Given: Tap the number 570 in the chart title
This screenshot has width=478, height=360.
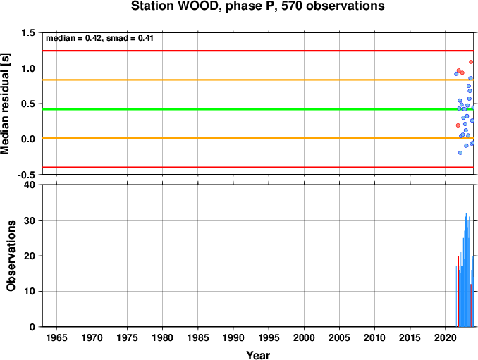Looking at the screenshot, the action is pyautogui.click(x=292, y=6).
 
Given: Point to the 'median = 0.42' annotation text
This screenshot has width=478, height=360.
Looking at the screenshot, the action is pyautogui.click(x=73, y=38).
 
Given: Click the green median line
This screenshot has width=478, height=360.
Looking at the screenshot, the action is pyautogui.click(x=258, y=109).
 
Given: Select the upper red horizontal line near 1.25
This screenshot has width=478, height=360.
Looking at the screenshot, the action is pyautogui.click(x=258, y=51).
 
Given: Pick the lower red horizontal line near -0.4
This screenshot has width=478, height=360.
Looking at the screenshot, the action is pyautogui.click(x=258, y=167).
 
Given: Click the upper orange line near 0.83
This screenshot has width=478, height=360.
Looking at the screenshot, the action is pyautogui.click(x=258, y=80).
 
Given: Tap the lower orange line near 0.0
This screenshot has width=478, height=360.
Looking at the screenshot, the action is pyautogui.click(x=258, y=138).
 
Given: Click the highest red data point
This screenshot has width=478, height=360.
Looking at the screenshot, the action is pyautogui.click(x=471, y=62).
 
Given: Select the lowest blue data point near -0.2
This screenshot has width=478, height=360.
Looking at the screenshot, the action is pyautogui.click(x=460, y=153).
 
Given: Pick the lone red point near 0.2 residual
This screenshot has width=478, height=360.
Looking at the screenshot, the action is pyautogui.click(x=458, y=125).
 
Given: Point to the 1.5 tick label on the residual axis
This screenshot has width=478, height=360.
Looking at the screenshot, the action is pyautogui.click(x=27, y=32).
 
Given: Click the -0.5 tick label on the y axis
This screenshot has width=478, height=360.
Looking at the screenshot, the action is pyautogui.click(x=26, y=175).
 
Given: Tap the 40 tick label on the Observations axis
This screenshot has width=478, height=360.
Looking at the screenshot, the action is pyautogui.click(x=30, y=185).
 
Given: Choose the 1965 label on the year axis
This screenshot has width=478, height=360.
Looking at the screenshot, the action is pyautogui.click(x=56, y=337).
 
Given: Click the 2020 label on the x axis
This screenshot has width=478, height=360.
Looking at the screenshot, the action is pyautogui.click(x=446, y=337).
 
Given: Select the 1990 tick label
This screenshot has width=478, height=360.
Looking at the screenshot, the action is pyautogui.click(x=233, y=337).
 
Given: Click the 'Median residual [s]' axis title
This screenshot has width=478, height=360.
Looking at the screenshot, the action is pyautogui.click(x=5, y=104).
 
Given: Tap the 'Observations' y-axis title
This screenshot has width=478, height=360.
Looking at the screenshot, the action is pyautogui.click(x=11, y=256).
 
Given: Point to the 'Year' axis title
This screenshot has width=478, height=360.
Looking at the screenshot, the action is pyautogui.click(x=258, y=355).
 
